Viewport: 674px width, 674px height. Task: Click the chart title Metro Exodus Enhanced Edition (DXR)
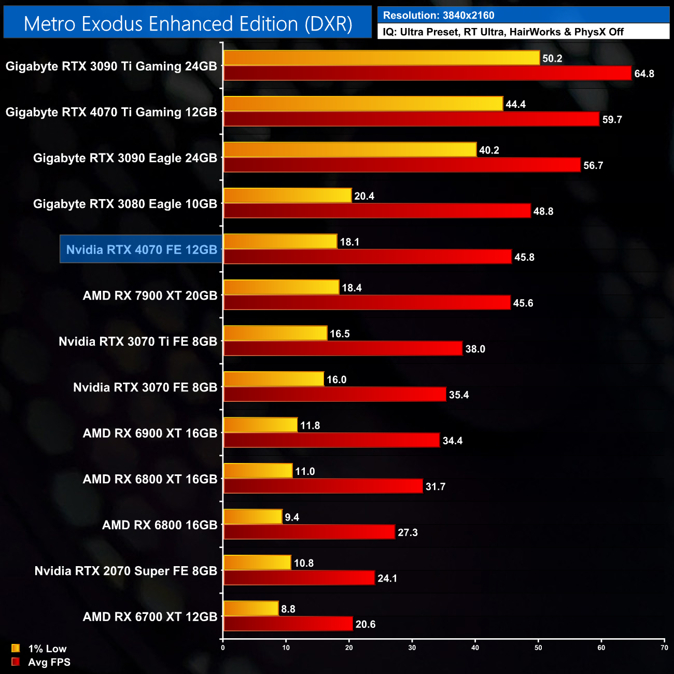[188, 24]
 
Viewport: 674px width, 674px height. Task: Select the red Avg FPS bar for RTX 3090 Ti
[427, 73]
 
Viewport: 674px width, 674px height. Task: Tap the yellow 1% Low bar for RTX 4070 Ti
[363, 104]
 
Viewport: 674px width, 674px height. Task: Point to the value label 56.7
[593, 165]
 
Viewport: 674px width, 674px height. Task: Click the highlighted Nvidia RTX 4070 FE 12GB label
[142, 249]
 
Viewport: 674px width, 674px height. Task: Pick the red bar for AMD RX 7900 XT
[367, 302]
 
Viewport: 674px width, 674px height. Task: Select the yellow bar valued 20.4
[287, 195]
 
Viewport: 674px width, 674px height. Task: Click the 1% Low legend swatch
[16, 648]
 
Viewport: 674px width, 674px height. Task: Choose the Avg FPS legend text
[49, 662]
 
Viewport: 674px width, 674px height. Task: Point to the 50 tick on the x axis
[538, 648]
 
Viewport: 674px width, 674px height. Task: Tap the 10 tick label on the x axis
[286, 648]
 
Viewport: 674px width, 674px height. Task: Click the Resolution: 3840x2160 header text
[439, 15]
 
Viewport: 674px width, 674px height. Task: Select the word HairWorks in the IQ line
[535, 32]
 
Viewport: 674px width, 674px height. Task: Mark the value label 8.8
[288, 609]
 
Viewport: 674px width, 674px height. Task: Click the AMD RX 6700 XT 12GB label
[150, 616]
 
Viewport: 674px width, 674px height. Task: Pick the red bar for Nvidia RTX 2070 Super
[299, 578]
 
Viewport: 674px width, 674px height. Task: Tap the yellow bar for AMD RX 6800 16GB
[252, 516]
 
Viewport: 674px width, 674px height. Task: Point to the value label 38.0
[475, 349]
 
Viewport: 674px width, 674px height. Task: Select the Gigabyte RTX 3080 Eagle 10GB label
[125, 204]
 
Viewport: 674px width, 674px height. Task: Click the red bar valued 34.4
[331, 440]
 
